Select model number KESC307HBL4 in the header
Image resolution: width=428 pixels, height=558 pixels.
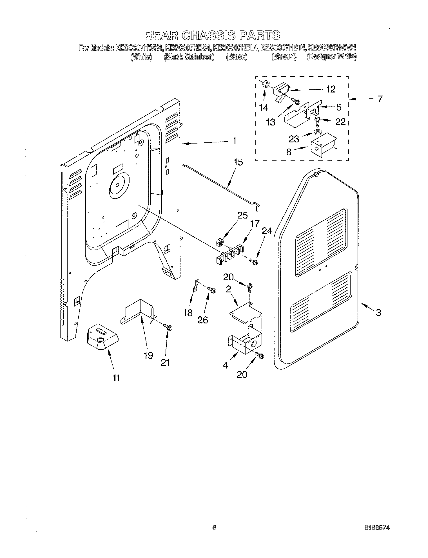(x=236, y=48)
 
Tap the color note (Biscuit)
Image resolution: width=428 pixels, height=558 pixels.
(x=284, y=57)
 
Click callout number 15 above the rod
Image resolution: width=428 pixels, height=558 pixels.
(x=238, y=163)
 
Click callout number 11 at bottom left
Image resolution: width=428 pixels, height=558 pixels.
(x=116, y=378)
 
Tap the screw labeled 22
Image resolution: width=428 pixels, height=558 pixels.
(x=317, y=121)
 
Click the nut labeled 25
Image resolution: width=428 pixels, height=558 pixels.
(x=220, y=241)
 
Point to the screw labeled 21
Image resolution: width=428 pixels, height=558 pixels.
(x=168, y=327)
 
